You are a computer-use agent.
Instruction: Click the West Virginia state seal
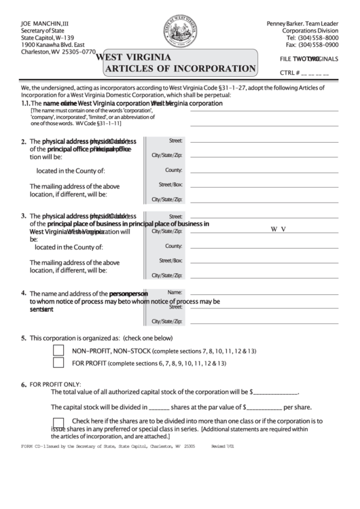tap(180, 33)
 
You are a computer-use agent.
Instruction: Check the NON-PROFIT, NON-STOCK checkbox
tap(58, 351)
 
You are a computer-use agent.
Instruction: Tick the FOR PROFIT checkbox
tap(58, 364)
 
